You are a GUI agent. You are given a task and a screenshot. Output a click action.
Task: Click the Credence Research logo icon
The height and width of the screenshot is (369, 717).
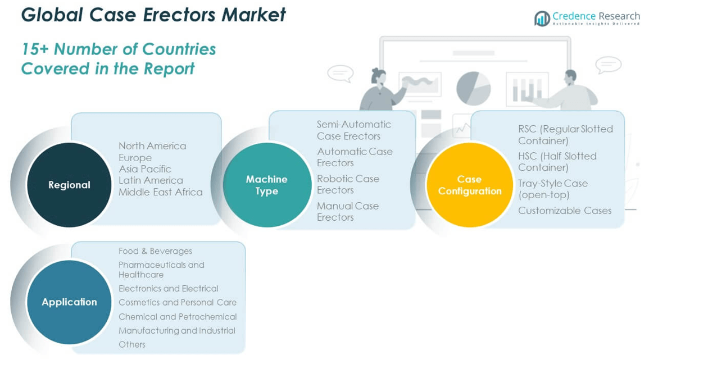[542, 19]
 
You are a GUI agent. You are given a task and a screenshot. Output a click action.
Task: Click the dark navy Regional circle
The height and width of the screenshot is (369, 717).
[69, 185]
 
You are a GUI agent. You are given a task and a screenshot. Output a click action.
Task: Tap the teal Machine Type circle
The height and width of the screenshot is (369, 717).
[267, 185]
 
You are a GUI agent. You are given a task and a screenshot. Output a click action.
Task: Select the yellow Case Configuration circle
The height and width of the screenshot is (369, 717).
[469, 185]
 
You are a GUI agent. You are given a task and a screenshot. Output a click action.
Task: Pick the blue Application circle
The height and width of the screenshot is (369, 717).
[69, 302]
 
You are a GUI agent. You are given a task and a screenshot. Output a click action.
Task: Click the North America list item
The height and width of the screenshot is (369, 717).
[152, 146]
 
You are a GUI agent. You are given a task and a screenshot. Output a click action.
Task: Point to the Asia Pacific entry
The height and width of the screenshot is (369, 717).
[145, 169]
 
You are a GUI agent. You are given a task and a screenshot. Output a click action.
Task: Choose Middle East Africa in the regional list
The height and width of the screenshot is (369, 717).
[160, 192]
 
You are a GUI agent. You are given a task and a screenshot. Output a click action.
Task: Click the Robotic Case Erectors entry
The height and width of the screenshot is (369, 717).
[348, 184]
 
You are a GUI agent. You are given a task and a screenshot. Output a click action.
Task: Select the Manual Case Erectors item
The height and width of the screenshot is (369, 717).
[347, 211]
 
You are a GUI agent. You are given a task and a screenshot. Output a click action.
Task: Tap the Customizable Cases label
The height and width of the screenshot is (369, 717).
[564, 211]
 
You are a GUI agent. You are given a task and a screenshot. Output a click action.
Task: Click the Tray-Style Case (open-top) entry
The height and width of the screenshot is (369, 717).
[552, 189]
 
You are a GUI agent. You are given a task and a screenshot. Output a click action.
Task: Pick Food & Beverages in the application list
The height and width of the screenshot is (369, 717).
[155, 251]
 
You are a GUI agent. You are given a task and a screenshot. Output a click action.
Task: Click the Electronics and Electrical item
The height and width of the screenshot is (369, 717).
[168, 289]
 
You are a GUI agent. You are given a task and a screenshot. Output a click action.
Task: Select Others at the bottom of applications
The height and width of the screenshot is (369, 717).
[131, 344]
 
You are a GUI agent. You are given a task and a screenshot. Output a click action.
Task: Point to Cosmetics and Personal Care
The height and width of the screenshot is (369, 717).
[177, 302]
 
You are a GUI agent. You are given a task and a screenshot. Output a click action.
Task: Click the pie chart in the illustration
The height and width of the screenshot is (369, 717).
[473, 88]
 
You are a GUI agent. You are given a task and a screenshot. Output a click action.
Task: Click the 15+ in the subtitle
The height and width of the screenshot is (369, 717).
[35, 49]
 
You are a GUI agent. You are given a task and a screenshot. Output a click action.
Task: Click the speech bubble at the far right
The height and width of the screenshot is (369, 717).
[608, 65]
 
